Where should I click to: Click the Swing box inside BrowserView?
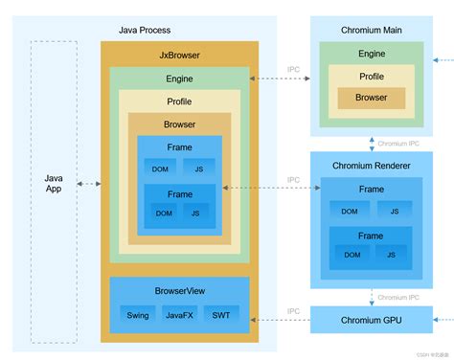point(137,314)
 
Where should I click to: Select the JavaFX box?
point(179,314)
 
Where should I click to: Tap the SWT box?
point(221,314)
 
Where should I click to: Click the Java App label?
point(53,184)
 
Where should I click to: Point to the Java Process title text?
point(145,31)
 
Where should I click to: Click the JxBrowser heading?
point(179,56)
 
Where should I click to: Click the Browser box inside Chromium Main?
point(371,98)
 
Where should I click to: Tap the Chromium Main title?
point(371,31)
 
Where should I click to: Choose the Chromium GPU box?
point(371,319)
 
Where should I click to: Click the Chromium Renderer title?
point(371,166)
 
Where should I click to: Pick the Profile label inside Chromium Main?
point(371,77)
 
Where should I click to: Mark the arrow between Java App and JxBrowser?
point(88,184)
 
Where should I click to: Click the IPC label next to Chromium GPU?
point(294,310)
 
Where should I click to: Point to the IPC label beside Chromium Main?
point(294,70)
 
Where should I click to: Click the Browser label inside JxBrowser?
point(179,124)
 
